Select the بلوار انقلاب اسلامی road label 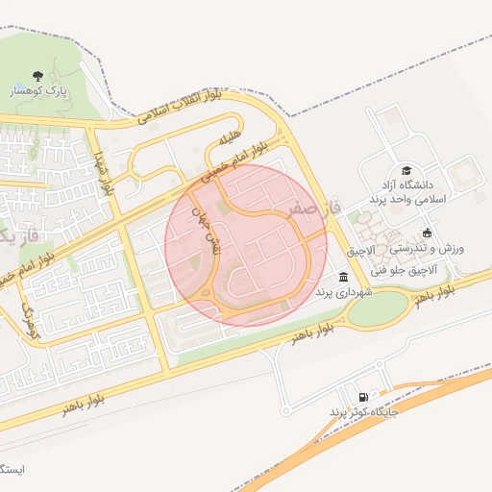click(180, 109)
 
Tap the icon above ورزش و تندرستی click(427, 233)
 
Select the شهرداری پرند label click(346, 292)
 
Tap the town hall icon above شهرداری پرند click(344, 277)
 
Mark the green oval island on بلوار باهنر click(377, 307)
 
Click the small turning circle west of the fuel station click(285, 411)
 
